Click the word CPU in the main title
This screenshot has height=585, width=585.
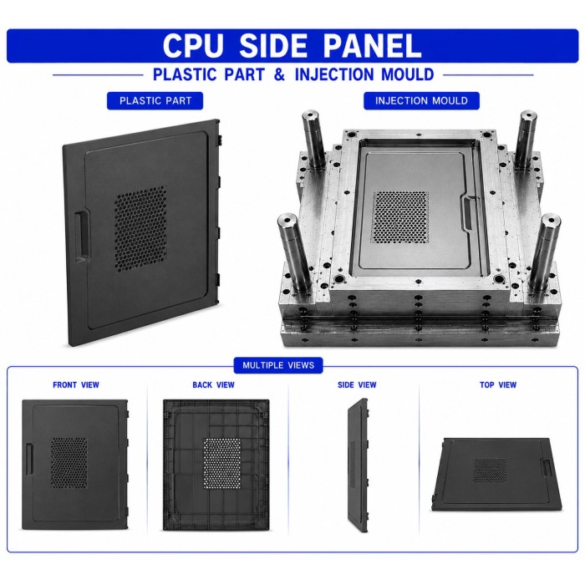[x=193, y=45]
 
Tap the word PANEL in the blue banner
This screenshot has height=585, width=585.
[x=372, y=45]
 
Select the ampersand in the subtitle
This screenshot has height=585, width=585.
[x=279, y=74]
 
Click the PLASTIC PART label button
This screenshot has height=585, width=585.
[x=155, y=101]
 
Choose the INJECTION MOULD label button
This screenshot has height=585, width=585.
[x=421, y=101]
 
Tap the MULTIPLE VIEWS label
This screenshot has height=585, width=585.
[x=278, y=365]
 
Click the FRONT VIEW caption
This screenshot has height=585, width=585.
[x=76, y=385]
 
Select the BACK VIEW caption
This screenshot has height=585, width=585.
[x=213, y=385]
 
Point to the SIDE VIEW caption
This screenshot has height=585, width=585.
[x=357, y=385]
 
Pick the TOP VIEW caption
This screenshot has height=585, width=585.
[x=498, y=385]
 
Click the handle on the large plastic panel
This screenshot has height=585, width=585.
[x=82, y=236]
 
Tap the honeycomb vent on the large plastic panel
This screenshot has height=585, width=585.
[x=140, y=228]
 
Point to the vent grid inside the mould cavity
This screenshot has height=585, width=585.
[x=400, y=216]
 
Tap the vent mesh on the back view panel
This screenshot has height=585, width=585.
[x=222, y=463]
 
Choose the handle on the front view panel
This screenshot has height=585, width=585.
[x=29, y=459]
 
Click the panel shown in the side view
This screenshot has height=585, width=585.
[x=358, y=465]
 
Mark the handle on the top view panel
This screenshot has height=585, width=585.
[x=547, y=468]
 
